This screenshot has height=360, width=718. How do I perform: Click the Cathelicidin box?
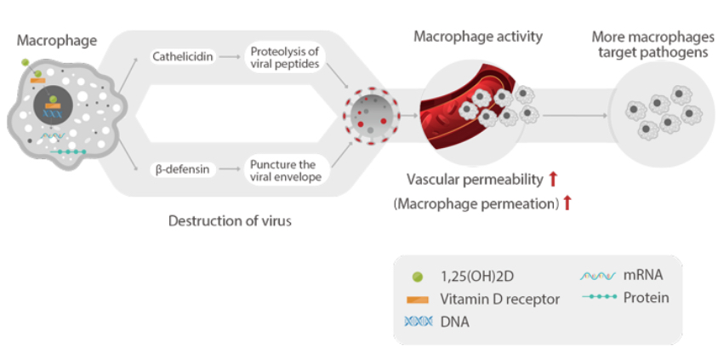click(x=181, y=57)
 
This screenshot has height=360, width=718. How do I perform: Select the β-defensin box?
click(x=179, y=169)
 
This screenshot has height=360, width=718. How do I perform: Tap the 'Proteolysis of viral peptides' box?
click(x=284, y=57)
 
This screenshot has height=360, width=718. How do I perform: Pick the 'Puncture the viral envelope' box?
click(x=284, y=169)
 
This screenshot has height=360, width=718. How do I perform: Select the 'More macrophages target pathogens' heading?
click(x=652, y=44)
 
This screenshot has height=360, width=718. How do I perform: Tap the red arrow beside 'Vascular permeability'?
click(x=552, y=179)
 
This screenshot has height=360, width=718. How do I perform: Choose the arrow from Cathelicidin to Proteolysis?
click(x=227, y=57)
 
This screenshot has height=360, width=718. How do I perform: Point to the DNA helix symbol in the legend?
click(x=416, y=322)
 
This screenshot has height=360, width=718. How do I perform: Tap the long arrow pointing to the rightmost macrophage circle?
click(x=574, y=114)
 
